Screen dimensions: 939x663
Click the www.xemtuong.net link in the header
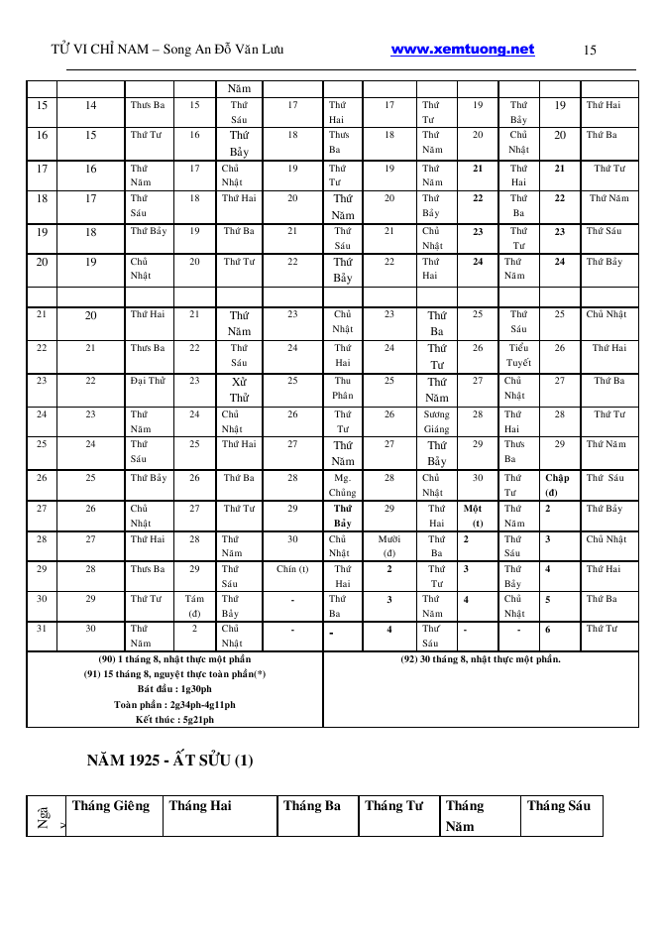(463, 50)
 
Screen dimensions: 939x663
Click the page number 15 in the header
(591, 50)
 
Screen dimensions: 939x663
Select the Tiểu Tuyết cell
(518, 355)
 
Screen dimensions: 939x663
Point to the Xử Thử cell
(239, 390)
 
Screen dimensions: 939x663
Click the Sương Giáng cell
(436, 421)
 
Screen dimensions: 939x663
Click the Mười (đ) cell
(389, 546)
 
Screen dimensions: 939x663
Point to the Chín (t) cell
(292, 569)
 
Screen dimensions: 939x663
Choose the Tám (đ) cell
(194, 606)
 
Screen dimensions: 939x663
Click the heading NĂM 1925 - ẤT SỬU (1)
(169, 762)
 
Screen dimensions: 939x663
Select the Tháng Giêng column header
(111, 805)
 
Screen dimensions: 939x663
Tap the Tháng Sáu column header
(559, 805)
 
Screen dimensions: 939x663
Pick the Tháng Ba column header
(312, 805)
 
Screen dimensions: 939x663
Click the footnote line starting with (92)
(480, 659)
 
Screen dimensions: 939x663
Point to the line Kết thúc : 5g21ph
(174, 719)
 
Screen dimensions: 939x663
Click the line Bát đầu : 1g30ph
(174, 689)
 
